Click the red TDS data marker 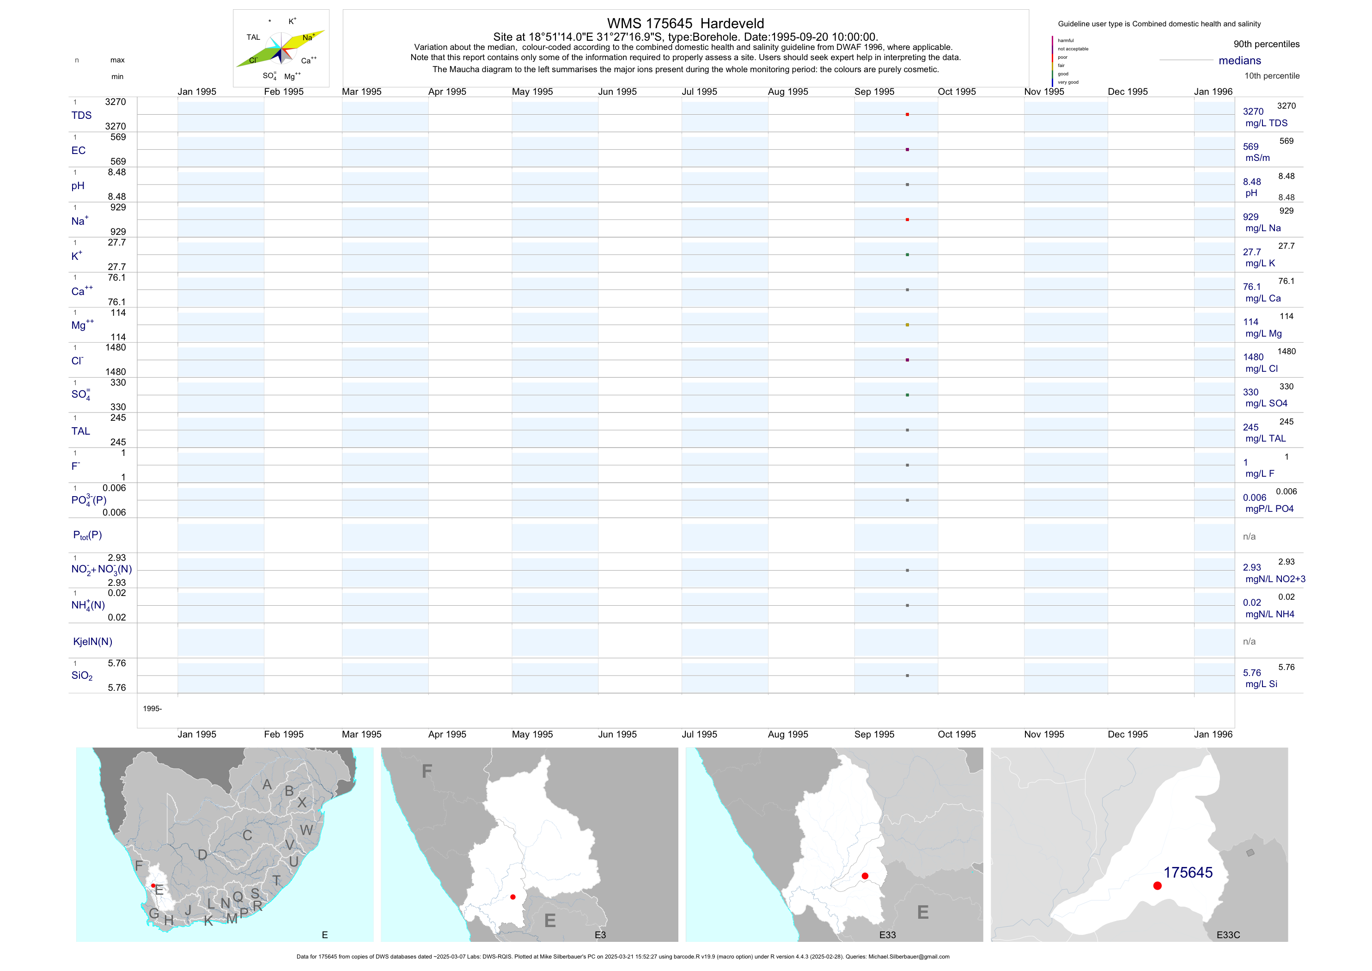click(x=907, y=114)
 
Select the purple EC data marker click(x=907, y=149)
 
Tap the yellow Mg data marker click(x=907, y=325)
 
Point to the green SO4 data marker click(x=907, y=395)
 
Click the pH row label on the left click(x=78, y=186)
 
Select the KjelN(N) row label click(x=92, y=642)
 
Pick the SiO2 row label click(x=82, y=676)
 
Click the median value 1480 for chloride click(x=1253, y=357)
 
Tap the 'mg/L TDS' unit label click(x=1266, y=123)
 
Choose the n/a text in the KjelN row click(x=1249, y=642)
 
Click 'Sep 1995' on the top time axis click(x=874, y=92)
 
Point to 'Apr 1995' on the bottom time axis click(x=447, y=734)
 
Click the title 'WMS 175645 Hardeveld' click(x=685, y=23)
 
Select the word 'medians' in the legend click(x=1240, y=61)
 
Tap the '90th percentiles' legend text click(x=1266, y=44)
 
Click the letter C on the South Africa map click(x=247, y=835)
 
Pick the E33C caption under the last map click(x=1228, y=934)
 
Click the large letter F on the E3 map click(x=427, y=771)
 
